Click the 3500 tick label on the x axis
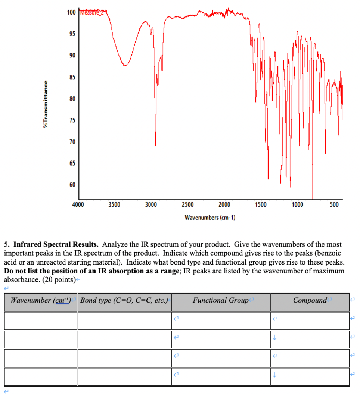pyautogui.click(x=114, y=204)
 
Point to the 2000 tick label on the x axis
pyautogui.click(x=224, y=204)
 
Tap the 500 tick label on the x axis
pyautogui.click(x=334, y=204)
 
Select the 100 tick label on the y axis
pyautogui.click(x=71, y=12)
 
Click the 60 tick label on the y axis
pyautogui.click(x=72, y=185)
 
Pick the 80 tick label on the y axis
pyautogui.click(x=72, y=99)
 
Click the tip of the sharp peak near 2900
pyautogui.click(x=155, y=145)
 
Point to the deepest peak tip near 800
pyautogui.click(x=313, y=198)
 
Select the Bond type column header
pyautogui.click(x=124, y=300)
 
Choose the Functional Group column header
pyautogui.click(x=221, y=300)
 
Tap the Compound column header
pyautogui.click(x=310, y=300)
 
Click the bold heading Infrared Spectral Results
pyautogui.click(x=56, y=245)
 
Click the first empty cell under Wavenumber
pyautogui.click(x=41, y=320)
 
